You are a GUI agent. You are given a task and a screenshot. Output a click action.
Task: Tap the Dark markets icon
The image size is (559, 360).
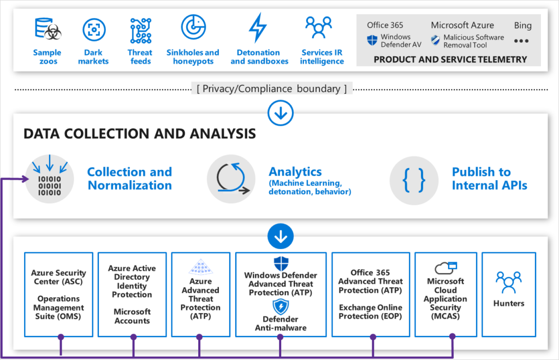[94, 29]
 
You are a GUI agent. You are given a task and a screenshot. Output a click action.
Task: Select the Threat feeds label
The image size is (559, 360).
[140, 57]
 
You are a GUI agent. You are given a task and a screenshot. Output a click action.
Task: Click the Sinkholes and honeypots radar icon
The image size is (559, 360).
[193, 27]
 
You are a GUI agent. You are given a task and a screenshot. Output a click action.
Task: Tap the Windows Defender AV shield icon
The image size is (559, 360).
[372, 40]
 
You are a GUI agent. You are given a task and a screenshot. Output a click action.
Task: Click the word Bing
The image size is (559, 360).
[522, 25]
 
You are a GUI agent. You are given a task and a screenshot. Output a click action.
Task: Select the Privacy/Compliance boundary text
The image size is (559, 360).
[271, 88]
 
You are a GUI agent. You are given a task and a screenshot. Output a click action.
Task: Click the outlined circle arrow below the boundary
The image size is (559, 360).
[281, 113]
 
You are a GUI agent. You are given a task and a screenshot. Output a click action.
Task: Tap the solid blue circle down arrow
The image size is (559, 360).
[281, 237]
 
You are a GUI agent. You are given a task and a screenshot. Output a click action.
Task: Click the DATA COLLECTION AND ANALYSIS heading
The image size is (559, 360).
[140, 133]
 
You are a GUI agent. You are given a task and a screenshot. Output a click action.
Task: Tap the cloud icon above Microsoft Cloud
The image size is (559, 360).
[445, 268]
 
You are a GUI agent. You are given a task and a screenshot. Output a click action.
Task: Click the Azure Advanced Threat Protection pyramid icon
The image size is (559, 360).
[200, 267]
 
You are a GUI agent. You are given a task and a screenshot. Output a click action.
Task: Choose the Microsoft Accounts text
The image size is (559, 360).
[132, 316]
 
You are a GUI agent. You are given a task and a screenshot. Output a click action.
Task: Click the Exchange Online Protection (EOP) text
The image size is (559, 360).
[371, 312]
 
